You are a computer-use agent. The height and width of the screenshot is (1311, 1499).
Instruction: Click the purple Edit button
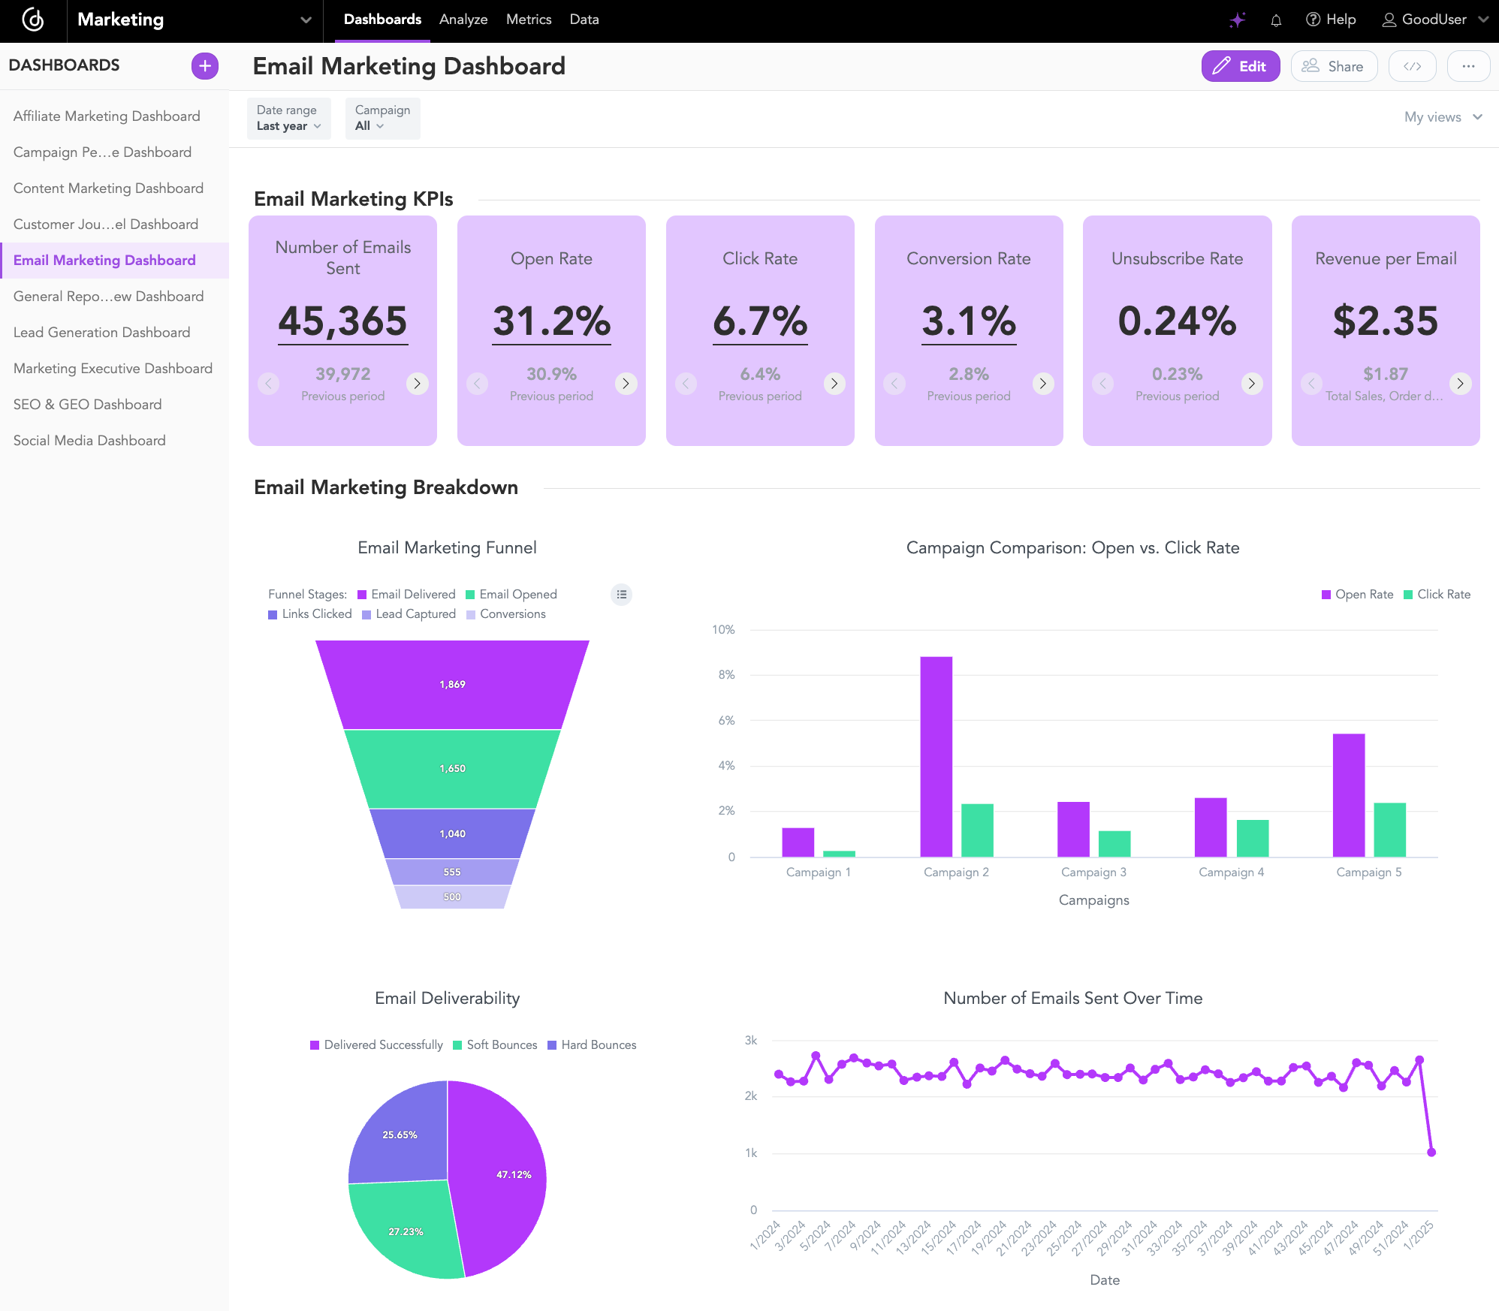1240,66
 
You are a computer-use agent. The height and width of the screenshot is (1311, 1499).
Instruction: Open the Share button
1333,66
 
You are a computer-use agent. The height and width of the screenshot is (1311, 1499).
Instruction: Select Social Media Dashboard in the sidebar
89,441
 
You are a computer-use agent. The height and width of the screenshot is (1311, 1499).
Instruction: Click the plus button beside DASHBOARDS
204,66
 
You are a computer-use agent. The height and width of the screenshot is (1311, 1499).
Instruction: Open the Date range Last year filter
288,119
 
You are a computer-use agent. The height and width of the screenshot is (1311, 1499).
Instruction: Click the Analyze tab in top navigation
463,20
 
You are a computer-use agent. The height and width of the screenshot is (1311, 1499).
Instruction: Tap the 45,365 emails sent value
342,321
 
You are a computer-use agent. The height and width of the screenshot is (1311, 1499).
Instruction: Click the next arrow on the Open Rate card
626,384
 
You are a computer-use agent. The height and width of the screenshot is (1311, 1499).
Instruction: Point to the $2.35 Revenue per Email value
1385,321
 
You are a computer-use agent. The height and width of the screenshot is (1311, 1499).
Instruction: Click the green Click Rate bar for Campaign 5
1389,830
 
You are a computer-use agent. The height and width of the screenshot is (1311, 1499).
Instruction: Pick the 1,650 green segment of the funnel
452,769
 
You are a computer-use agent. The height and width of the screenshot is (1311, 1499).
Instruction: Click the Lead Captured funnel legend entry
409,614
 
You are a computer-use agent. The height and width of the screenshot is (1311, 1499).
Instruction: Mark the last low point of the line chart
1431,1153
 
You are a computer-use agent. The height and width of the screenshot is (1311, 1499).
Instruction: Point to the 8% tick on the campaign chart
726,675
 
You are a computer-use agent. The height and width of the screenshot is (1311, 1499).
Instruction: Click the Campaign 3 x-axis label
1093,872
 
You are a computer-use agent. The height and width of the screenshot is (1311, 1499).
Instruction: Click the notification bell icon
1276,20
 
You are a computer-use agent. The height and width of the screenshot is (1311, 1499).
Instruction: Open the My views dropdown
1442,117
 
